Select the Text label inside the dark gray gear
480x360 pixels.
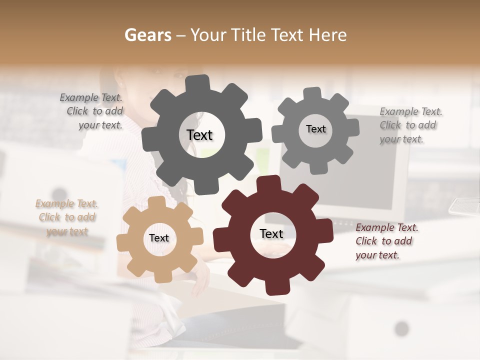click(199, 135)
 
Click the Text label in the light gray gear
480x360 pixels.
click(315, 129)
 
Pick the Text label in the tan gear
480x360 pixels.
click(159, 238)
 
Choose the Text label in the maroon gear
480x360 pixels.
click(271, 234)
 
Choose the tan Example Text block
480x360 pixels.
click(67, 217)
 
